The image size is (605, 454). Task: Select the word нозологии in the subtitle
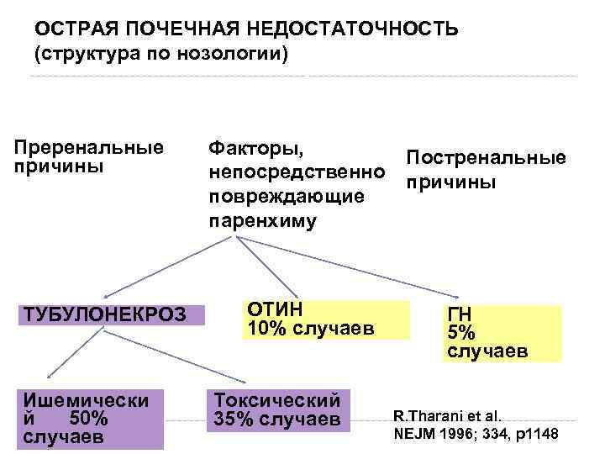click(241, 55)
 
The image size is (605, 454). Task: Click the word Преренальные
click(88, 147)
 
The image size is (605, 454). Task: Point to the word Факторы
click(255, 148)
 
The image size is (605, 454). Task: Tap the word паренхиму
click(262, 220)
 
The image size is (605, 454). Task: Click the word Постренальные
click(486, 158)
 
